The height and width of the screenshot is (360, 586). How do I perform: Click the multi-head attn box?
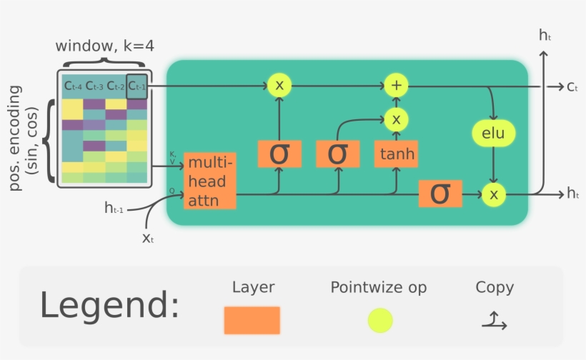point(209,181)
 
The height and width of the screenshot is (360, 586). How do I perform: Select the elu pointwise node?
point(493,133)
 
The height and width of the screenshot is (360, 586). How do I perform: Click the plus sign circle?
point(395,86)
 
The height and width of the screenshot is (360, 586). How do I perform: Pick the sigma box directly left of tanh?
point(336,154)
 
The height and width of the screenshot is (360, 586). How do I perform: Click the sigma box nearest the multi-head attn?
point(277,154)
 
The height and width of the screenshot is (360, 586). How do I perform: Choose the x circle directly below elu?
point(493,194)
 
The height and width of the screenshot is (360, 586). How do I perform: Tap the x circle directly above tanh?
point(395,119)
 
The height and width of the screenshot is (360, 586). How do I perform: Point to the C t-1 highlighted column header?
point(136,86)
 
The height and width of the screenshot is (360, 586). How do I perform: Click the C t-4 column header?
point(73,86)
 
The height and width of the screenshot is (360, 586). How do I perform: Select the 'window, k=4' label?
point(105,46)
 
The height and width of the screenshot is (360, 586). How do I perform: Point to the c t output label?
point(572,86)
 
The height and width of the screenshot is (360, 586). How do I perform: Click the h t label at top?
point(545,34)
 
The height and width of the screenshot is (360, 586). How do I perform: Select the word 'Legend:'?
point(109,305)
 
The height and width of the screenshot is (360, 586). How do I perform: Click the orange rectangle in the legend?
point(252,320)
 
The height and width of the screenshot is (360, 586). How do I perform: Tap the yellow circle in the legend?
point(379,320)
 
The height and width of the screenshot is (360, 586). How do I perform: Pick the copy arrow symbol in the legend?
point(494,322)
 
